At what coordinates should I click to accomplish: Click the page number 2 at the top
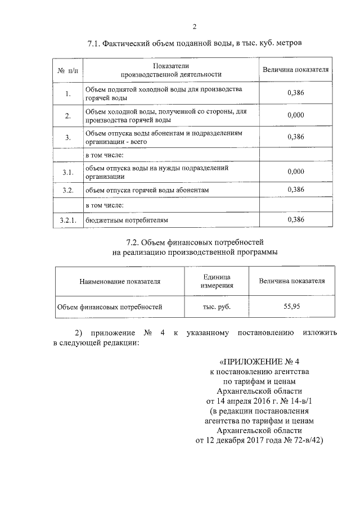195,26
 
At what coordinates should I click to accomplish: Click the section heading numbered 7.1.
195,43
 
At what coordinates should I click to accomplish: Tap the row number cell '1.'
68,94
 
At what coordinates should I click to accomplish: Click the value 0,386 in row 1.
295,93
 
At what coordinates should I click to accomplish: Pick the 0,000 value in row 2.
295,115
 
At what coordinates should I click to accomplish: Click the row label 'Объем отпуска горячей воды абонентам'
147,190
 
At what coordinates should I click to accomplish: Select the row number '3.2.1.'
68,220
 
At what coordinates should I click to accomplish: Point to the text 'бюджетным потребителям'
127,220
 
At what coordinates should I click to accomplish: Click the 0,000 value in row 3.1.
295,172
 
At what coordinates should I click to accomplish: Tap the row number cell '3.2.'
68,190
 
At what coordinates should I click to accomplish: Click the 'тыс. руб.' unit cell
217,307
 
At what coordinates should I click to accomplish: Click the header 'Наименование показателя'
120,281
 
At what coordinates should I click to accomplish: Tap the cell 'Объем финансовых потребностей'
110,307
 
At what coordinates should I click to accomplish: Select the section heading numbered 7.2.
195,242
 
